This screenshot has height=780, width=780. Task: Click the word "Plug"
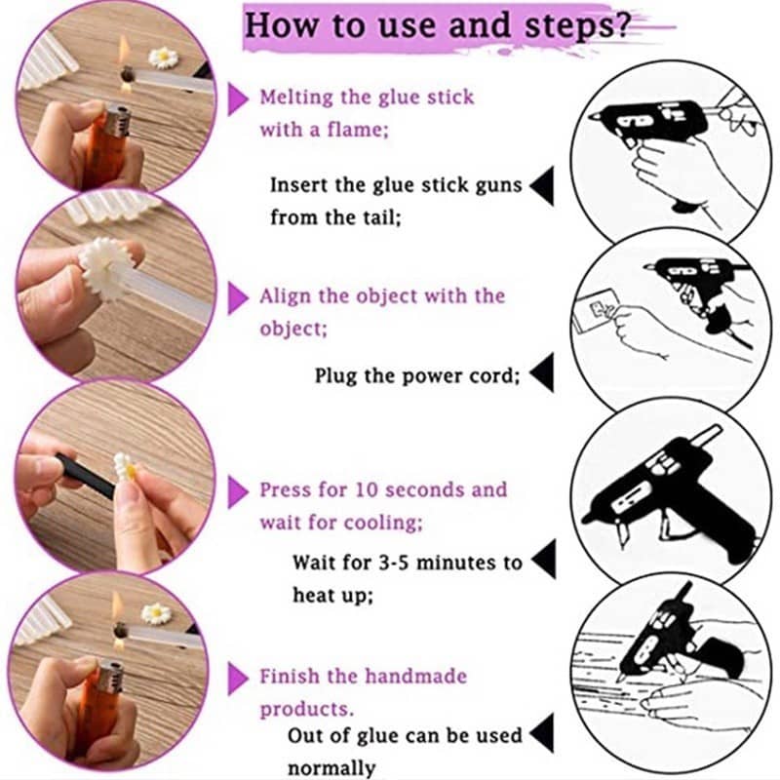tap(336, 374)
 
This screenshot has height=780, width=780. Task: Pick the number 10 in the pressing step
tap(396, 489)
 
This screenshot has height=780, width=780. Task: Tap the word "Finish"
tap(290, 677)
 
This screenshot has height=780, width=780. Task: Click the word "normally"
tap(331, 767)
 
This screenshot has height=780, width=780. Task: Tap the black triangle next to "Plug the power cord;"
tap(541, 373)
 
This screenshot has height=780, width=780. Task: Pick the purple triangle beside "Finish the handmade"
tap(238, 678)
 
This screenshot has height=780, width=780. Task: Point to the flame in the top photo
tap(126, 50)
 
